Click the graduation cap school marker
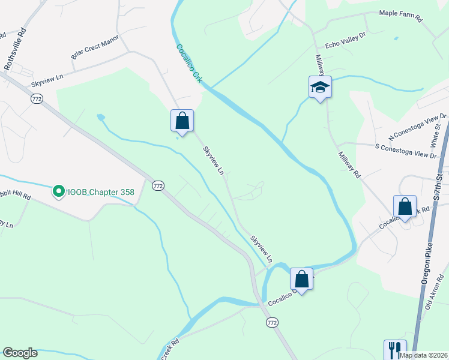[x=320, y=87]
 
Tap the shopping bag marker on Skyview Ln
[x=182, y=121]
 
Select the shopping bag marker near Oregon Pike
[x=405, y=207]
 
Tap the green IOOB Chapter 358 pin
[x=59, y=192]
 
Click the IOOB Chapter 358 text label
[x=100, y=192]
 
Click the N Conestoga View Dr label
[x=418, y=125]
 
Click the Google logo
[x=20, y=353]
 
